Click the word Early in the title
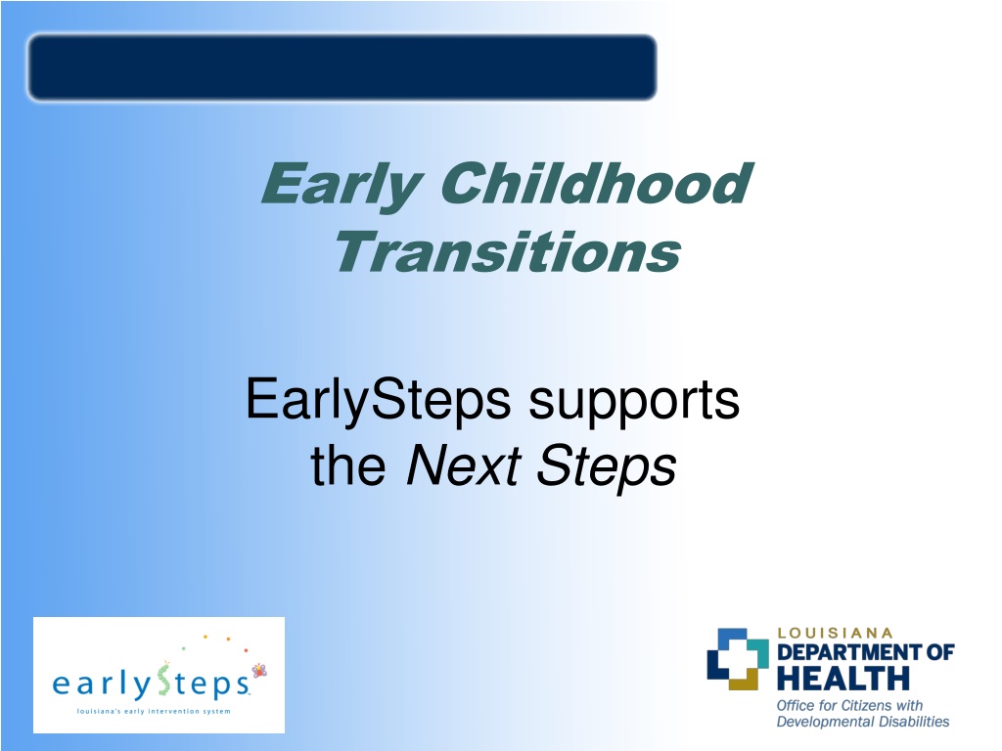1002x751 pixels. click(342, 185)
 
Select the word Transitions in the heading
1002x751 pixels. click(508, 252)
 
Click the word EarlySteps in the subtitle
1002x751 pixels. click(378, 401)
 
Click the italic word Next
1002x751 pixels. click(463, 465)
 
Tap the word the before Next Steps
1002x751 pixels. click(348, 464)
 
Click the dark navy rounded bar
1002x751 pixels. click(342, 67)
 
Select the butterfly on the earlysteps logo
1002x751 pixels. click(258, 670)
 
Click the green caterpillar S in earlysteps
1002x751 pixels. click(164, 680)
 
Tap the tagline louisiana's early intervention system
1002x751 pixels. click(154, 712)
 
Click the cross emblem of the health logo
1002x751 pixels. click(738, 659)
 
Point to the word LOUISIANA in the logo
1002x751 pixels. click(835, 633)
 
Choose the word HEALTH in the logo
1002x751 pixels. click(843, 679)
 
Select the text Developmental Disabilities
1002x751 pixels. click(863, 722)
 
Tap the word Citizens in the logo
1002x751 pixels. click(866, 706)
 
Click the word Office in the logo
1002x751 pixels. click(796, 706)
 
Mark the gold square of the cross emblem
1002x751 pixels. click(744, 680)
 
